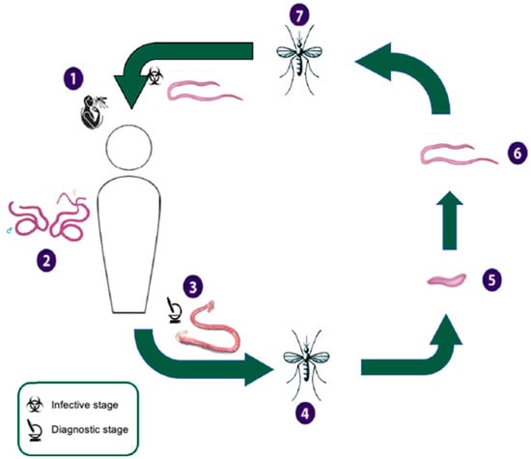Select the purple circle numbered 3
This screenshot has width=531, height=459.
point(195,287)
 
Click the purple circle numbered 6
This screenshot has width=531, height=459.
point(517,153)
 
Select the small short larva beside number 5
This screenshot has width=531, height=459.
point(447,282)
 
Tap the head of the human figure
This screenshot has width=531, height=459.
point(128,149)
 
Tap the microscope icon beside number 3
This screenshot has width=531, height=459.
point(172,311)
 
